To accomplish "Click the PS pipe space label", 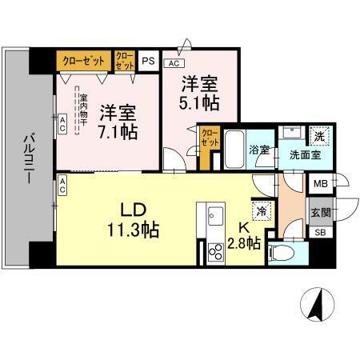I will click(148, 59).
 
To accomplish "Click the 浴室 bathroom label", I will click(259, 149).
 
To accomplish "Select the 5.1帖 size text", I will click(200, 104).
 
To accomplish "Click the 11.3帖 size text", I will click(134, 230).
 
